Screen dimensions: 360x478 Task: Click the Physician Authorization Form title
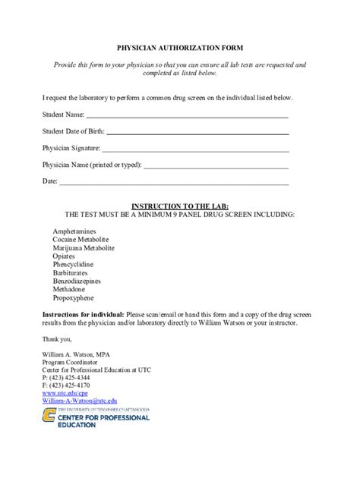coord(179,46)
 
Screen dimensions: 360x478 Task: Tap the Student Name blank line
coord(187,118)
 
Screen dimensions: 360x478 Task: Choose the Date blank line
coord(174,184)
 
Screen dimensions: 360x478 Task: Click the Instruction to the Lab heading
coord(179,206)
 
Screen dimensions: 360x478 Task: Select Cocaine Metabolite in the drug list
coord(81,239)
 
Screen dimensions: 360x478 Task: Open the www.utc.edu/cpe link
coord(65,393)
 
